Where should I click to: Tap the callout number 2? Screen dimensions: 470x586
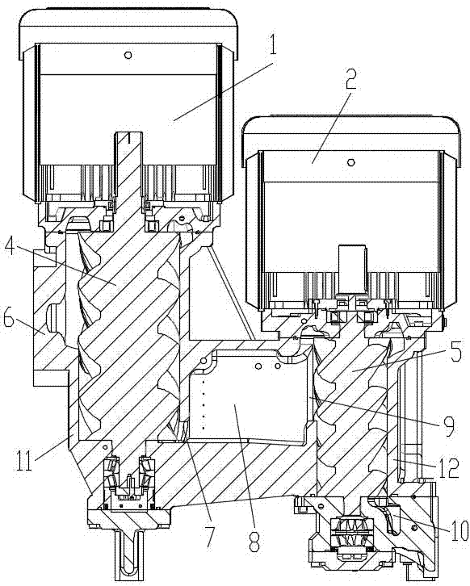(x=350, y=77)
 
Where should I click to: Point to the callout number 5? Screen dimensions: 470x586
(x=456, y=350)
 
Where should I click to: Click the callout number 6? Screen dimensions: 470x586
(x=10, y=320)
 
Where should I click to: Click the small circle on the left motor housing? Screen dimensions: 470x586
(x=128, y=56)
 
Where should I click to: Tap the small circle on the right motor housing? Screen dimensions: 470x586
(x=350, y=162)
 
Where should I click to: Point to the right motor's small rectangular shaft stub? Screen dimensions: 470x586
(x=352, y=268)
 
